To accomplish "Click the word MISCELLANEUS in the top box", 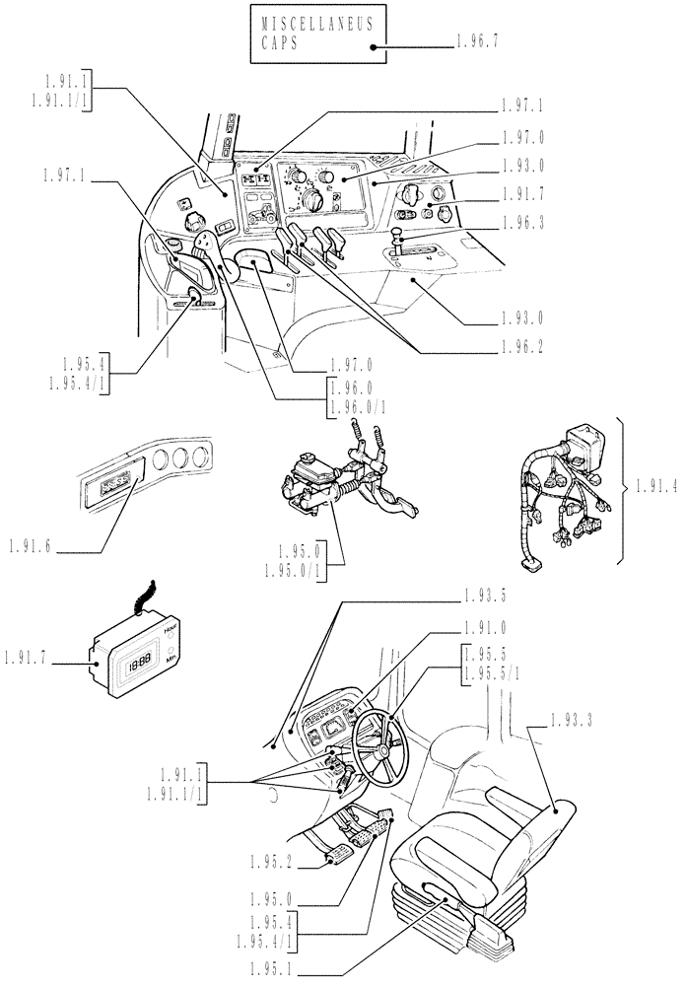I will (x=317, y=26).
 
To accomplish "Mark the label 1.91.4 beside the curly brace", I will (x=656, y=485).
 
